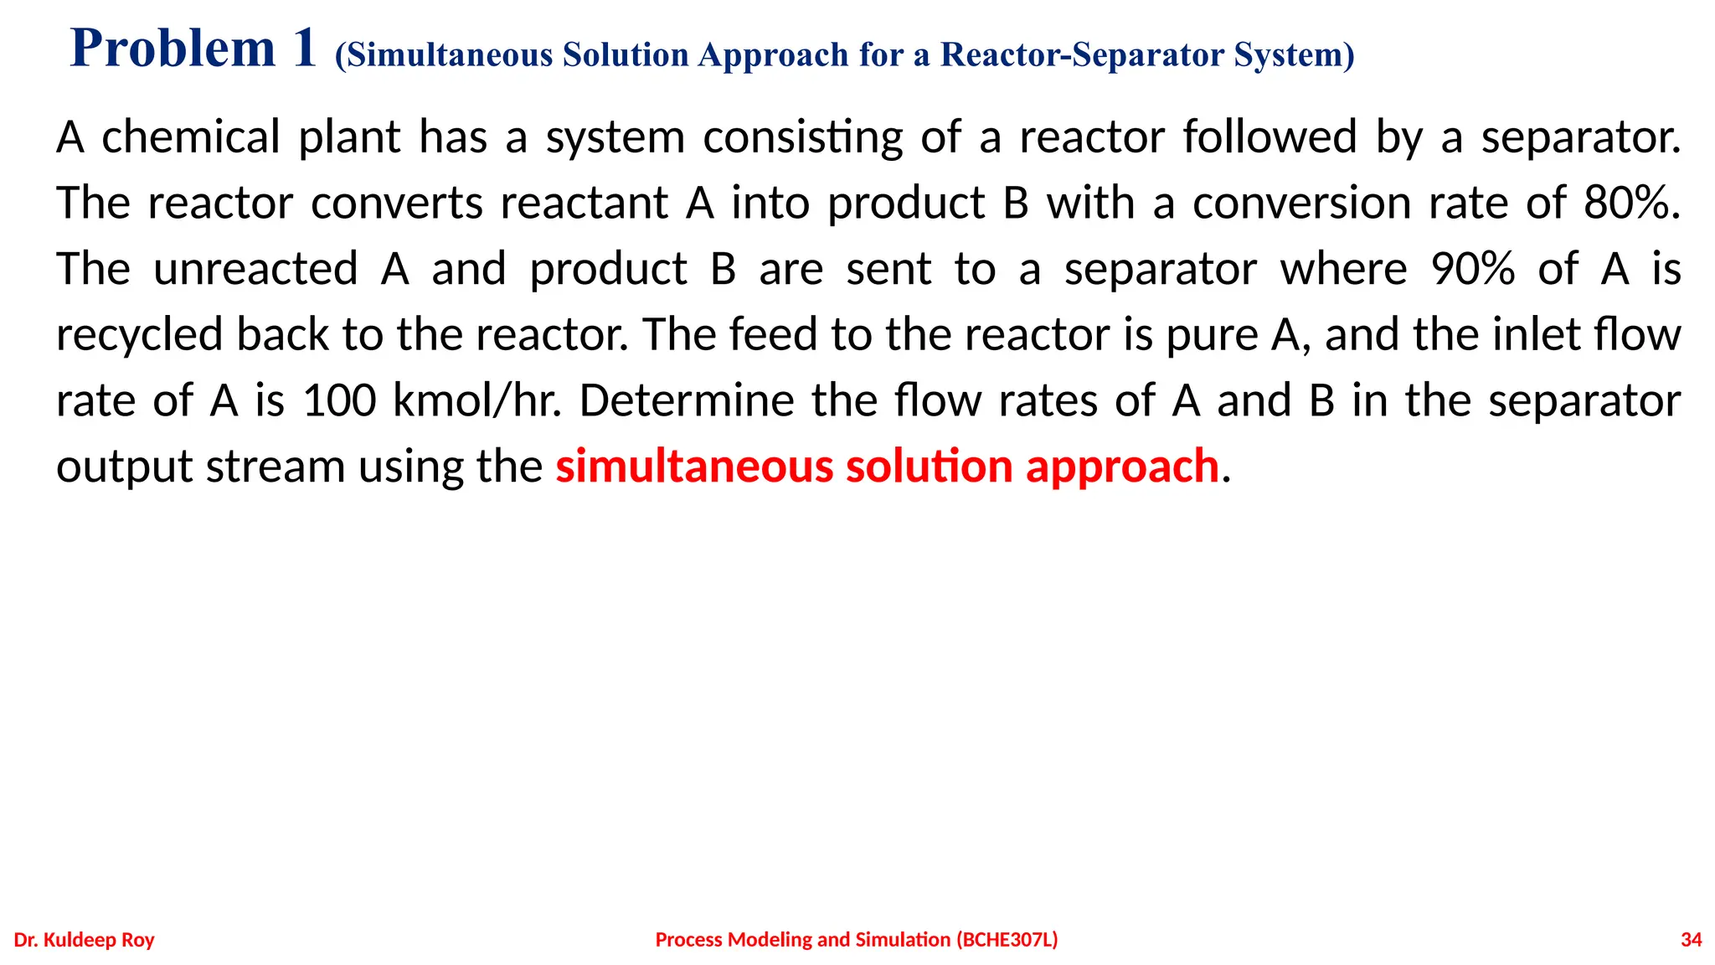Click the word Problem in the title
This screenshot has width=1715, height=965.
[x=173, y=49]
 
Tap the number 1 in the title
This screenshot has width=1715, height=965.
[x=304, y=49]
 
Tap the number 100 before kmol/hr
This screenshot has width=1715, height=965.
[x=339, y=400]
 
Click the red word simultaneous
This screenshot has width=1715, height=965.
[x=694, y=467]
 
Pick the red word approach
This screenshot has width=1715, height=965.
[x=1122, y=467]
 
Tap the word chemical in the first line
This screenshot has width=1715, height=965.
[x=191, y=137]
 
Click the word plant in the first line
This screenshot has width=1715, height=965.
[x=349, y=137]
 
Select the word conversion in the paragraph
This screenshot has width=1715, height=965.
[x=1301, y=204]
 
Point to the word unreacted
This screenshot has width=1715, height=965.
[x=255, y=269]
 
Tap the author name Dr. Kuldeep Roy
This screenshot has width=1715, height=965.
[x=85, y=940]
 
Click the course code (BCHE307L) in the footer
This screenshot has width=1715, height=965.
[x=1007, y=940]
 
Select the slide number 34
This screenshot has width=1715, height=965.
[x=1691, y=940]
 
